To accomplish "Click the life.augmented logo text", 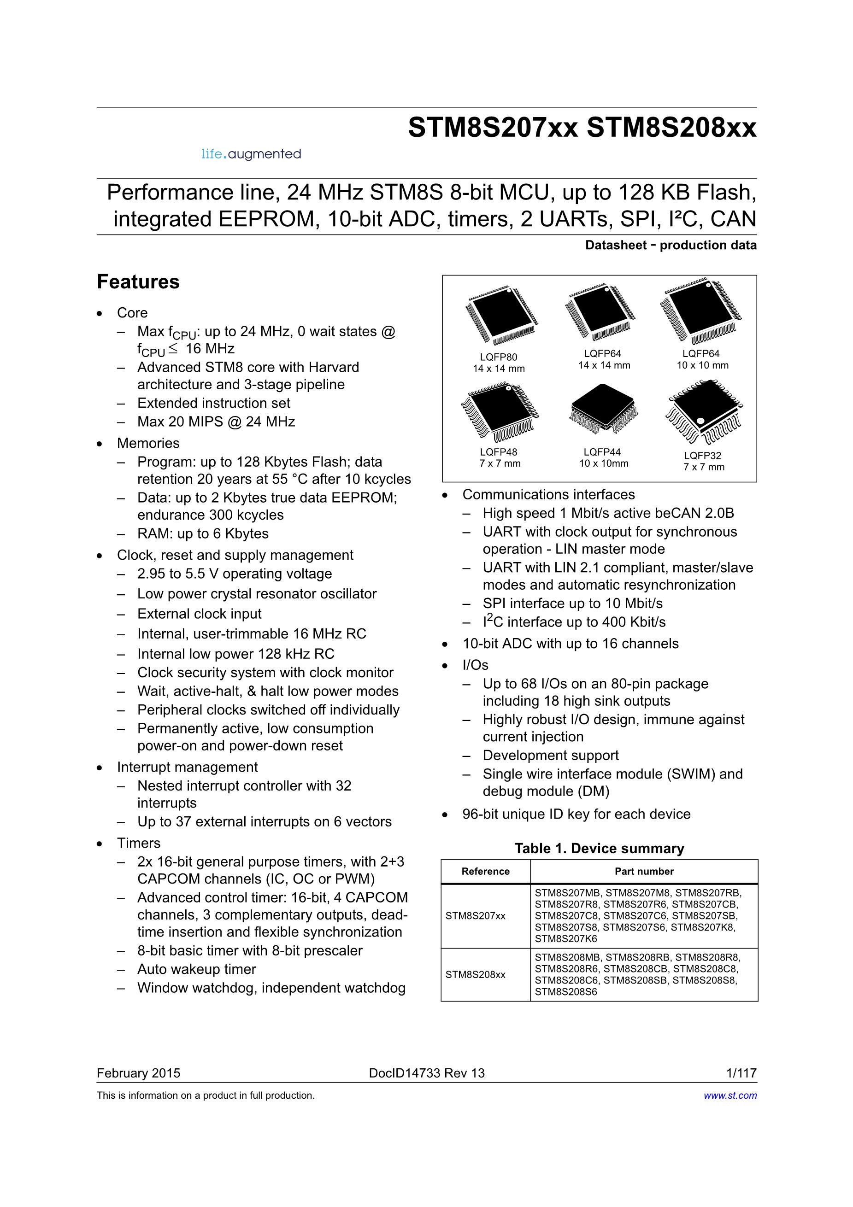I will [251, 154].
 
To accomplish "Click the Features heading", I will [138, 282].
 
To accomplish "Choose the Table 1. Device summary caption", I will [599, 848].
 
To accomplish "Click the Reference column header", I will [485, 871].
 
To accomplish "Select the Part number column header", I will [644, 871].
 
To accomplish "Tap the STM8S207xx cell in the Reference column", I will [476, 916].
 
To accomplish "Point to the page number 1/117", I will [741, 1073].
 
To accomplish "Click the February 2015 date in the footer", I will [138, 1073].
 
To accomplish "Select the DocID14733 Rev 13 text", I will [427, 1073].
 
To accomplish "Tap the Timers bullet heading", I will [139, 843].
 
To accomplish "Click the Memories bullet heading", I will [148, 443].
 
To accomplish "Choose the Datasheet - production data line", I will [671, 245].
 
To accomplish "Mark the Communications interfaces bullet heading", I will [548, 495].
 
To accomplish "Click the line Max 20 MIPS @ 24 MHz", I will [216, 422].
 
